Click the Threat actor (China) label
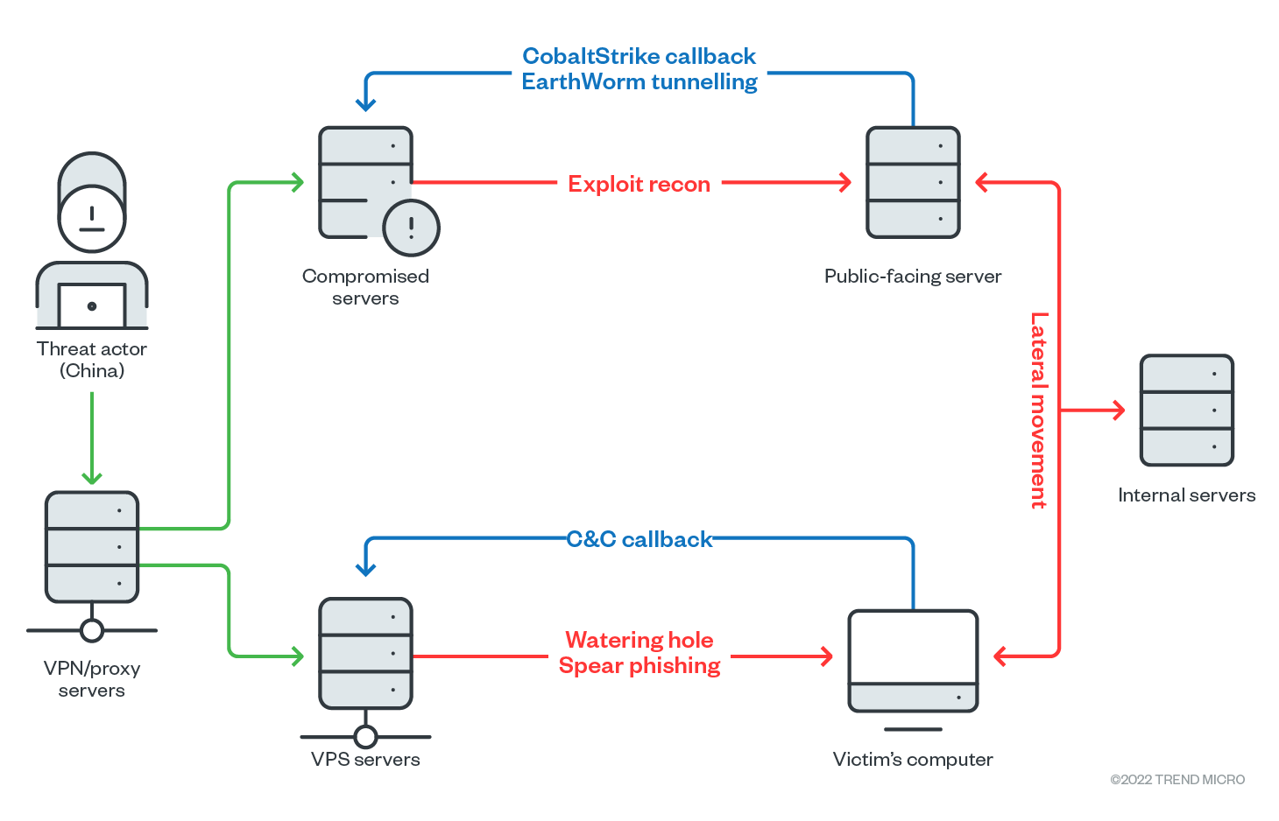point(92,360)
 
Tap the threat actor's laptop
point(92,305)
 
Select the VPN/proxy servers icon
point(92,547)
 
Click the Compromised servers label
point(365,287)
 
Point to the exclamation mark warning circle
point(411,228)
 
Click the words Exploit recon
point(639,184)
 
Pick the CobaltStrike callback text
point(639,56)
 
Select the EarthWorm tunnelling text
point(639,82)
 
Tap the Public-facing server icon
point(913,182)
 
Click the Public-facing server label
point(913,277)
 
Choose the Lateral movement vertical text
point(1039,410)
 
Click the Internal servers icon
point(1186,410)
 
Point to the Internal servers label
point(1186,495)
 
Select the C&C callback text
point(639,539)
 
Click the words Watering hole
point(639,640)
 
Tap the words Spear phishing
point(639,666)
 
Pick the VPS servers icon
point(365,654)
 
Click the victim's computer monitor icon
point(913,662)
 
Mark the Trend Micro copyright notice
point(1177,780)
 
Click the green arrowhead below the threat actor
point(92,478)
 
